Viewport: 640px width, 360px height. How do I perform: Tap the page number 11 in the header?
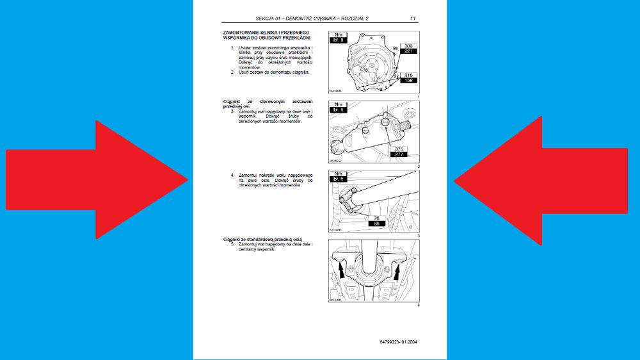point(413,19)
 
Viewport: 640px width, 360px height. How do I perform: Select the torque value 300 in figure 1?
point(408,45)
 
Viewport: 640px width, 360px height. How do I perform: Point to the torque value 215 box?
point(408,75)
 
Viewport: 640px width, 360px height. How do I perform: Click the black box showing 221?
point(408,52)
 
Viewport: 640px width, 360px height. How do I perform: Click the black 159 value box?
point(408,81)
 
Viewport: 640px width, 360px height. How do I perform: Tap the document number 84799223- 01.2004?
point(397,341)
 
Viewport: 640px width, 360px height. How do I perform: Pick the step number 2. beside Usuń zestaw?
point(233,72)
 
